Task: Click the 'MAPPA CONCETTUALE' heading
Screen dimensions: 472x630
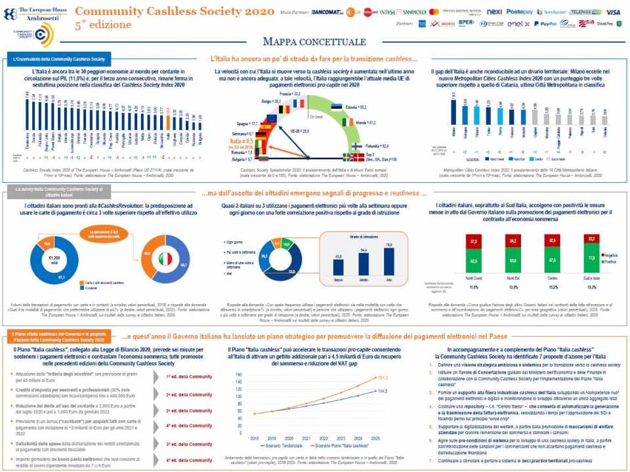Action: pyautogui.click(x=314, y=42)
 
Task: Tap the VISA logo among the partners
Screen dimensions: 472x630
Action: pyautogui.click(x=613, y=12)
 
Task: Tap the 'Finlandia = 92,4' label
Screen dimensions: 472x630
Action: pyautogui.click(x=378, y=146)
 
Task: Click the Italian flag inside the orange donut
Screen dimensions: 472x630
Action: pyautogui.click(x=165, y=258)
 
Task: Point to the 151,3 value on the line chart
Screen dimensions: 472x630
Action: pyautogui.click(x=383, y=378)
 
